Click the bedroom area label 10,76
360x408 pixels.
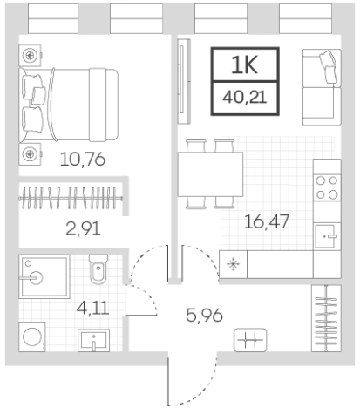click(x=83, y=160)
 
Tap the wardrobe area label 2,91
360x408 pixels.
click(x=84, y=228)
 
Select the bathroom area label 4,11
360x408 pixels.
click(x=92, y=308)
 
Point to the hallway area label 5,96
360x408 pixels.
click(x=204, y=316)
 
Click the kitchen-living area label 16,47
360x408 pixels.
click(x=267, y=221)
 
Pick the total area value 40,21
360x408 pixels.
click(x=245, y=97)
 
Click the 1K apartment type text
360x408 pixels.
click(x=245, y=65)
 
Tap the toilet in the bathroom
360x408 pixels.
click(x=98, y=269)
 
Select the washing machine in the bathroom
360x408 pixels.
click(x=32, y=337)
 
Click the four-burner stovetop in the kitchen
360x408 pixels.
click(x=327, y=187)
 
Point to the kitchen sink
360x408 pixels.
click(x=327, y=236)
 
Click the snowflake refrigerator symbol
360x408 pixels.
click(x=233, y=265)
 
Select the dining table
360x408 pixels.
click(x=210, y=174)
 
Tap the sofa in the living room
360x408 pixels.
click(x=322, y=87)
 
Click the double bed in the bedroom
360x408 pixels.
click(x=69, y=105)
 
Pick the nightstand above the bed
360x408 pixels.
click(x=30, y=55)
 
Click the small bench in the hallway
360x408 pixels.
click(x=250, y=339)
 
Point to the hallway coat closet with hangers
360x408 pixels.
click(x=326, y=318)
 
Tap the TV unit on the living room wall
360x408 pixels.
click(x=184, y=81)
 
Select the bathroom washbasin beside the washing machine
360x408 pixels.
click(x=93, y=340)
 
